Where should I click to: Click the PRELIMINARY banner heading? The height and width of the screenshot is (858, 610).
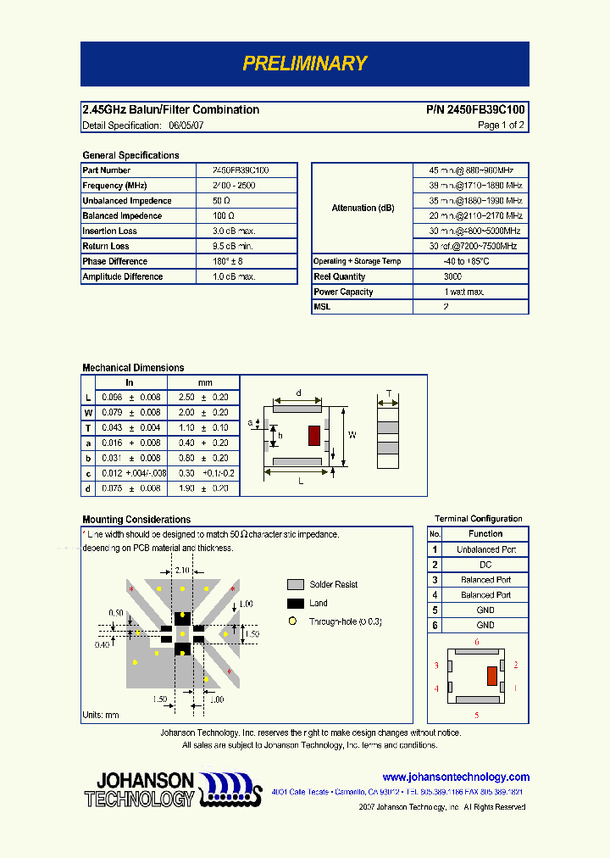coord(304,64)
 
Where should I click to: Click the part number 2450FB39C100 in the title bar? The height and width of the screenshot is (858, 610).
coord(475,110)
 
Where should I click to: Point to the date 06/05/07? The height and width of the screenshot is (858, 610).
coord(186,125)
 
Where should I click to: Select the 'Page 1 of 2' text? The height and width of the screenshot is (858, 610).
coord(501,125)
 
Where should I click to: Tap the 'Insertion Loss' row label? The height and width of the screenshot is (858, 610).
coord(109,231)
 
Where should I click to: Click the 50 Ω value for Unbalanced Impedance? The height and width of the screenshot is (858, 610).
coord(222,201)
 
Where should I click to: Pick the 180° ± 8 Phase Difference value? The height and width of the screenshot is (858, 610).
coord(228,262)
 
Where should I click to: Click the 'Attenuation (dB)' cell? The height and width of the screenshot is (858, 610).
coord(363,209)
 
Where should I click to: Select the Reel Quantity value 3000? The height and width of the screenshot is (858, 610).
coord(452,277)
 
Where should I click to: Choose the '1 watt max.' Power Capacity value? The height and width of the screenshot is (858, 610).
coord(463,292)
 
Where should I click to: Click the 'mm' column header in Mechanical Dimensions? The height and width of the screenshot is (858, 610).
coord(205,383)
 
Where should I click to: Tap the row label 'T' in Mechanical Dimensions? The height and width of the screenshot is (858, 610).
coord(88,428)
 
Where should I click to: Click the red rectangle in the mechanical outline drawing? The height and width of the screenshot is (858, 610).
coord(313,436)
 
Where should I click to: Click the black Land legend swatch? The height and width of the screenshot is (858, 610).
coord(296,604)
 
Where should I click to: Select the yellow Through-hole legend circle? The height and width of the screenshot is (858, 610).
coord(293,621)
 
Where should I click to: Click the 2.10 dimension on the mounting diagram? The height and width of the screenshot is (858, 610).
coord(182,571)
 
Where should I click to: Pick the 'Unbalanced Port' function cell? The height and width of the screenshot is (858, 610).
coord(486,549)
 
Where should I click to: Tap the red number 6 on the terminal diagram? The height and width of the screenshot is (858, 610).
coord(476,643)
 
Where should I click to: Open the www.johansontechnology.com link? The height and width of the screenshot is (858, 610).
coord(456,777)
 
